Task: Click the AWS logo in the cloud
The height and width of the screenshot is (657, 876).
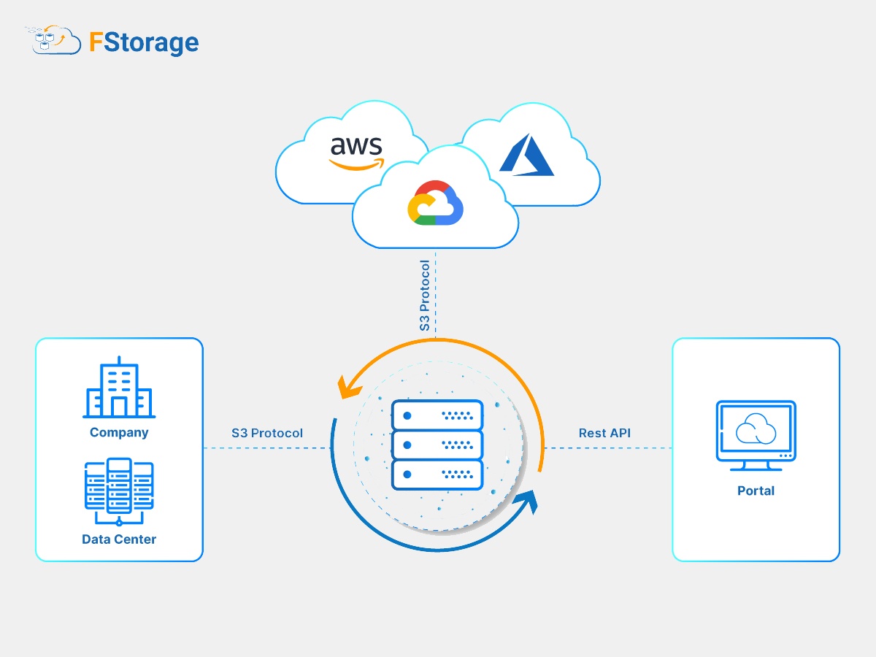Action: tap(356, 152)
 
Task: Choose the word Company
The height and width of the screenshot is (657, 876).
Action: tap(119, 432)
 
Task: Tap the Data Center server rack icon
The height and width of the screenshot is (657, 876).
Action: tap(119, 488)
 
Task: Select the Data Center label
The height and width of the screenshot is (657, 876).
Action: tap(119, 539)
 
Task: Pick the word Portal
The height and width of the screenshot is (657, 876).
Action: tap(756, 491)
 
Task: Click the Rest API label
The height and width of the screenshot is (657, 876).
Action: tap(604, 433)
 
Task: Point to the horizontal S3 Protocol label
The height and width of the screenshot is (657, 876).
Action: tap(267, 433)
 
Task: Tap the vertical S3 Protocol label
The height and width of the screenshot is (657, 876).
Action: tap(425, 295)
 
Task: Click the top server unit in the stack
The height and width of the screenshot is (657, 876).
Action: tap(437, 415)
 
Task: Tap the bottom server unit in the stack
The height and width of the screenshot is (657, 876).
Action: tap(437, 474)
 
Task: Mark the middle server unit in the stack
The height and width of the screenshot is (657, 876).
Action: tap(437, 445)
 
